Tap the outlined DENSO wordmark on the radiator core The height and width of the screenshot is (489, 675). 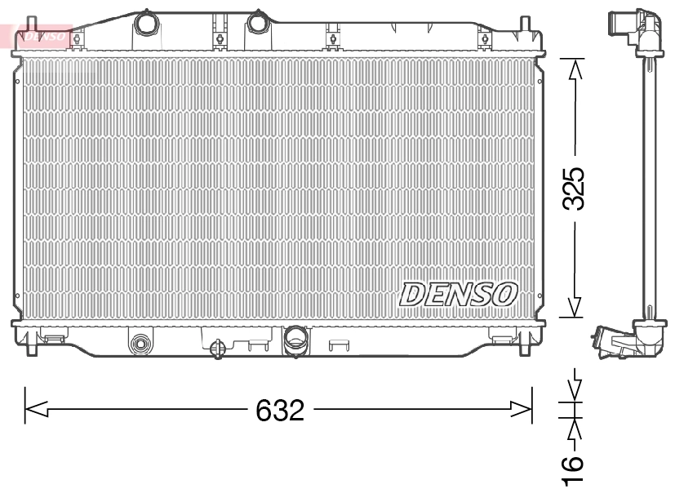click(x=458, y=294)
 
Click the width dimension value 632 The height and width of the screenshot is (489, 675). click(x=280, y=410)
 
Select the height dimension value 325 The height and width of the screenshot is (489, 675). click(x=575, y=189)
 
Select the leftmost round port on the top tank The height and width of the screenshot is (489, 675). click(x=147, y=22)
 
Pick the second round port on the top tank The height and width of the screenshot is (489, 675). click(x=259, y=21)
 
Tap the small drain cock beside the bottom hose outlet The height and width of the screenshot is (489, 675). click(x=218, y=348)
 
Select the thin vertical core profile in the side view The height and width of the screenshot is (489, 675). click(x=651, y=188)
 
